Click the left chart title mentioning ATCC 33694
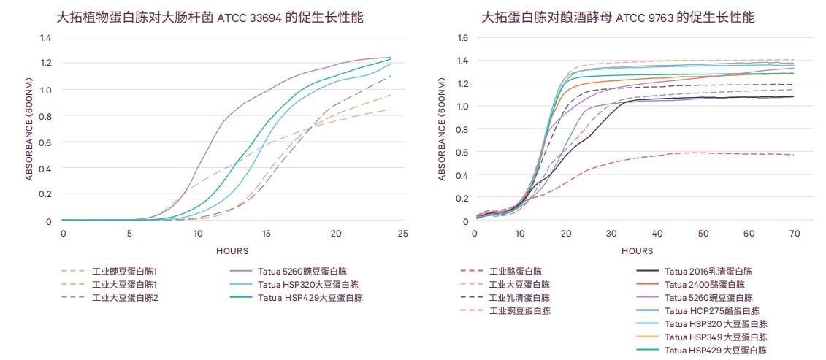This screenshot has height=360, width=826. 210,17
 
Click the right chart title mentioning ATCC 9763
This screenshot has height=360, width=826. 618,17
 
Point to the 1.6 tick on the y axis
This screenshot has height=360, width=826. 463,38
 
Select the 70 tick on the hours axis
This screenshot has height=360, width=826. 794,233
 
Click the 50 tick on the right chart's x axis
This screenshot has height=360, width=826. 703,233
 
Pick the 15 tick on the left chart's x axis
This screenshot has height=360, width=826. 267,233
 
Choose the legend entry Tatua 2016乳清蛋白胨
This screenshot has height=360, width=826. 708,271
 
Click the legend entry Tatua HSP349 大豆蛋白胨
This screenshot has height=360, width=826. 716,337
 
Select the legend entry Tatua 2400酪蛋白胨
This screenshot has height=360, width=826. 704,284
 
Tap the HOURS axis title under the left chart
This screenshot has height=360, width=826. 232,250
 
